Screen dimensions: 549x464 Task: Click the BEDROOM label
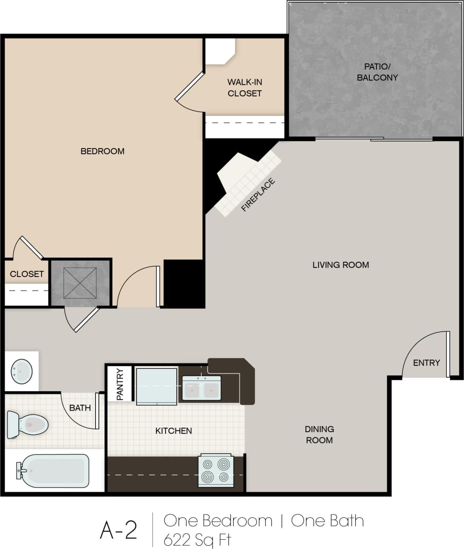click(103, 151)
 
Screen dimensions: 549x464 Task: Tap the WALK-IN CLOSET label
click(244, 88)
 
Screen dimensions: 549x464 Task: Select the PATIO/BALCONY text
click(377, 72)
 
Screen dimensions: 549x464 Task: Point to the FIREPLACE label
click(258, 195)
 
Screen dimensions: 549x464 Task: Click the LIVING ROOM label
click(340, 265)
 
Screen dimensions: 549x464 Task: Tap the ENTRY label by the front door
click(426, 363)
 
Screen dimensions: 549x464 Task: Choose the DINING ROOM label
click(319, 434)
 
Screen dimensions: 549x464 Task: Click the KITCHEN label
click(173, 431)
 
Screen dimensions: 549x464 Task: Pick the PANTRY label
click(120, 384)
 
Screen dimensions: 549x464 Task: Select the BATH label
click(80, 408)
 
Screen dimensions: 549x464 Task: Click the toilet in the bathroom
click(28, 424)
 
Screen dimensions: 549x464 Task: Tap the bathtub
click(53, 471)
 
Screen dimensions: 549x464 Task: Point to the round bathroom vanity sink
click(21, 372)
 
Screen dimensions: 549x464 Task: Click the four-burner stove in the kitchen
click(215, 470)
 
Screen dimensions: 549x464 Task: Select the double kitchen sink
click(201, 388)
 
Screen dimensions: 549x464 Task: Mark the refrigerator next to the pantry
click(156, 386)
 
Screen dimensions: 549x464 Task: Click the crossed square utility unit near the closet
click(80, 283)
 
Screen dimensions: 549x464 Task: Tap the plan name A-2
click(118, 530)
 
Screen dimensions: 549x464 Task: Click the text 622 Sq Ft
click(197, 540)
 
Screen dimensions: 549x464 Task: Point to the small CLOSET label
click(27, 274)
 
